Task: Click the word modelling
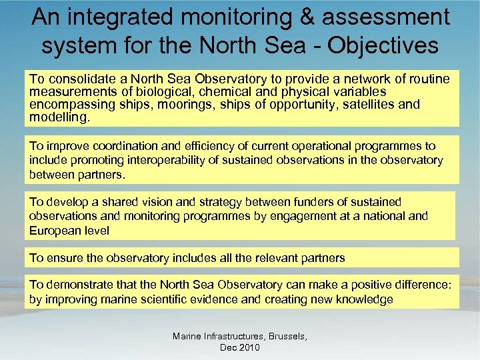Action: (58, 117)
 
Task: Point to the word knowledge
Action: (363, 299)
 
